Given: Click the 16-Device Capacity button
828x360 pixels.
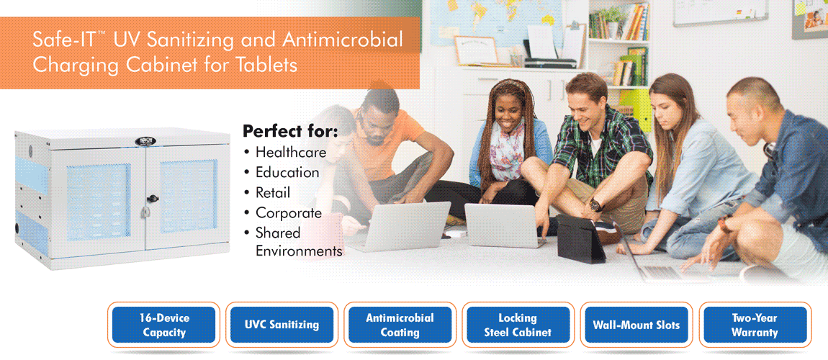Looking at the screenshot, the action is tap(163, 325).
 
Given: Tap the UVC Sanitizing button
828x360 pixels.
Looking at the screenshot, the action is tap(282, 325).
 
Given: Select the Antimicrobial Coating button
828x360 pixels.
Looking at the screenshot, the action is tap(400, 325).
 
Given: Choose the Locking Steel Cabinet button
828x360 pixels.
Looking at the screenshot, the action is tap(518, 325).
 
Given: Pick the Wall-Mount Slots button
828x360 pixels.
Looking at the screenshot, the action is tap(636, 325).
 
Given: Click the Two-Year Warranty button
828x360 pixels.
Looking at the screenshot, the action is tap(755, 325).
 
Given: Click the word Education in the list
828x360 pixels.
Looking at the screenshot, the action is tap(287, 173).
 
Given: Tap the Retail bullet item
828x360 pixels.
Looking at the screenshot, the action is tap(273, 193).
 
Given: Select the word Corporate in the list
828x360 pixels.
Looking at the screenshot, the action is tap(289, 212).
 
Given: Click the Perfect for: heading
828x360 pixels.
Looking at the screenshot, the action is tap(290, 131).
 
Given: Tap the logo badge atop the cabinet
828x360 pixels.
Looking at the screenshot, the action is tap(145, 140).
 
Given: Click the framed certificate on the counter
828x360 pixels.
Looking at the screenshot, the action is tap(475, 50).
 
